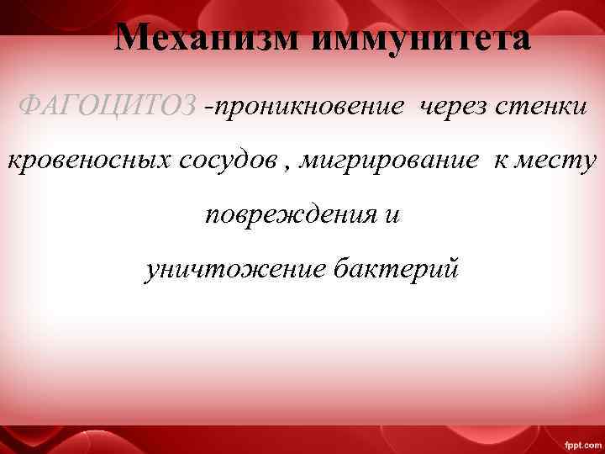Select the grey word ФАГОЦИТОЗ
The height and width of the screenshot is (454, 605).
108,106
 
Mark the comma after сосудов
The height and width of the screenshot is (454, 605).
289,166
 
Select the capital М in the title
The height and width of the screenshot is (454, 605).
130,38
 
